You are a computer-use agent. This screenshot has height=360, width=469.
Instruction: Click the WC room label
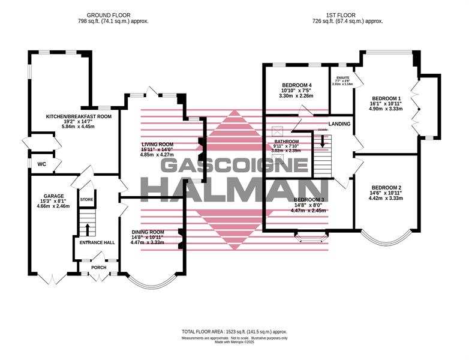[41, 164]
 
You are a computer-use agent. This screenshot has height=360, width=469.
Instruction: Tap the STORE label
[88, 199]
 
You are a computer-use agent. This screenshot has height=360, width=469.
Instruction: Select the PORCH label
[99, 268]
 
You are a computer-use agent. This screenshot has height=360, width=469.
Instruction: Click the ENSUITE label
[343, 76]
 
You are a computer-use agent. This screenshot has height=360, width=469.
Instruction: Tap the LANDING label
[339, 124]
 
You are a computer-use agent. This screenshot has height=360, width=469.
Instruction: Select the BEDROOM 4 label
[297, 85]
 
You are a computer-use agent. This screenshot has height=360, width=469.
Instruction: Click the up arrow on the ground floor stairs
[88, 229]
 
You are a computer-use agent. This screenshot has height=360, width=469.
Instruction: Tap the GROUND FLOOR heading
[113, 14]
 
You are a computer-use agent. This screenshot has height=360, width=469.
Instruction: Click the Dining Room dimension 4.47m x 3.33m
[148, 242]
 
